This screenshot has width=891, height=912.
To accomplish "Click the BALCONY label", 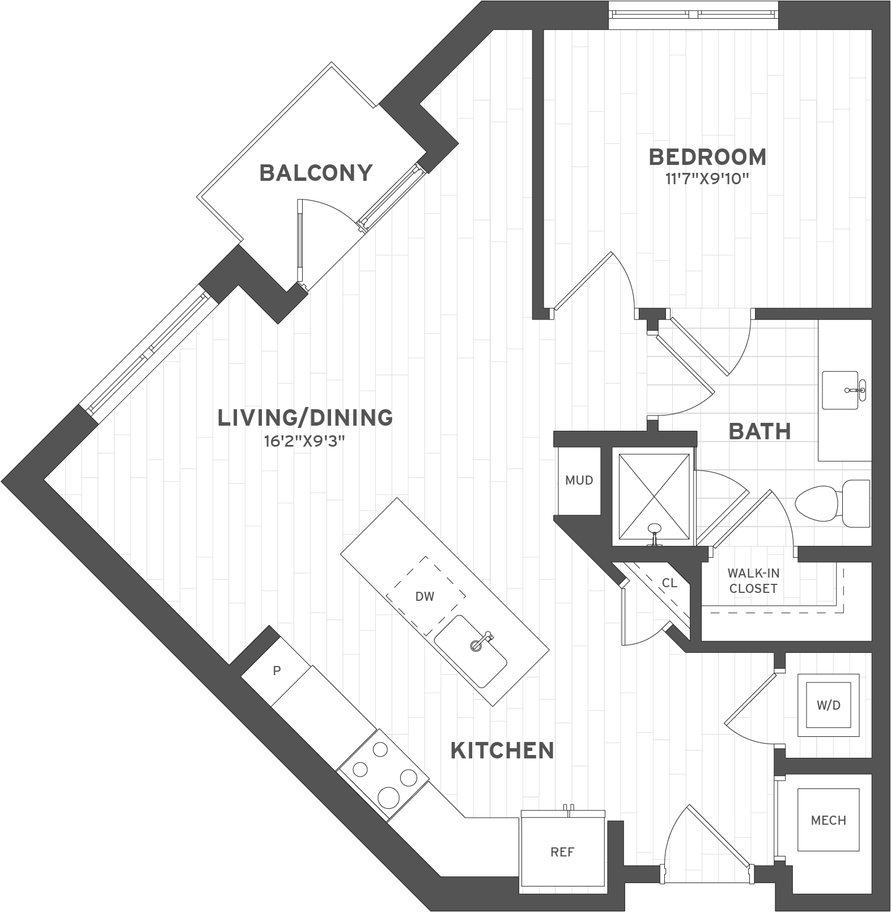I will [x=316, y=173].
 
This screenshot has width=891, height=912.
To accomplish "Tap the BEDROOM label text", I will [x=707, y=157].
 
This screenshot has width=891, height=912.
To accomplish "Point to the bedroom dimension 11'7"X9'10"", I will [x=707, y=180].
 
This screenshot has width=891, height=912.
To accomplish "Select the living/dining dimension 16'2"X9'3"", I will [x=304, y=442].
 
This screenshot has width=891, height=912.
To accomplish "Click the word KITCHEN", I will [x=502, y=750].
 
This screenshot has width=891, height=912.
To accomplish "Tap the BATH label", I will [x=760, y=431].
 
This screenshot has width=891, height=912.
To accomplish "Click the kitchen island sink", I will [x=472, y=651].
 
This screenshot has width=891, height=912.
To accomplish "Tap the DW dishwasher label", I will [x=425, y=596].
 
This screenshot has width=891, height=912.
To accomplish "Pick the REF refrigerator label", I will [x=562, y=852].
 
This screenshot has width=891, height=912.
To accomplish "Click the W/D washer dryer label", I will [x=829, y=706].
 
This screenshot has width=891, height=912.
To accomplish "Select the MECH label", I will [x=829, y=820].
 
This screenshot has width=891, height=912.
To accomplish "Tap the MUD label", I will [x=579, y=481].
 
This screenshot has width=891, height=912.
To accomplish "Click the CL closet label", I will [x=669, y=583].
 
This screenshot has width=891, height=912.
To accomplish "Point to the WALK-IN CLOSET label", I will [x=753, y=582].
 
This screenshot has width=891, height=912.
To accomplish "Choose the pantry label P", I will [x=277, y=671].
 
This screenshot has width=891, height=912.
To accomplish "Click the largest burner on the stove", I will [x=389, y=798].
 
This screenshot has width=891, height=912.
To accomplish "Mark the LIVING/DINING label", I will [x=305, y=418].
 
